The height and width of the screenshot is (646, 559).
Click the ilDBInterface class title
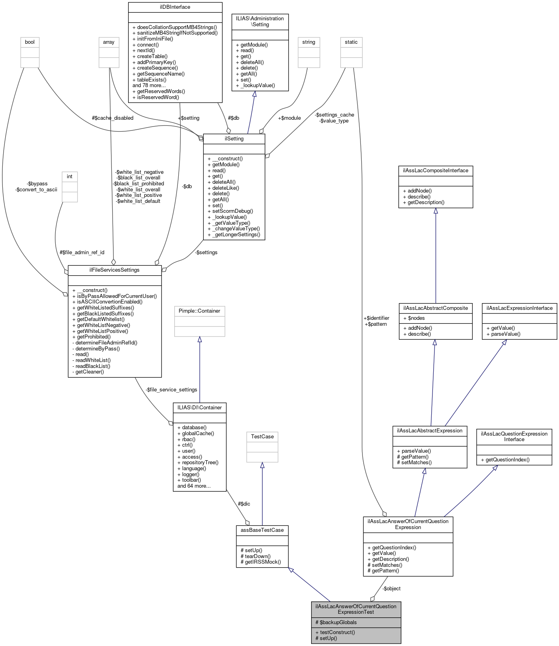tap(175, 7)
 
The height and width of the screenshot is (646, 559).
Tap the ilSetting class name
tap(234, 139)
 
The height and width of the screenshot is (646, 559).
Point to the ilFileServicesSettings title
tap(115, 270)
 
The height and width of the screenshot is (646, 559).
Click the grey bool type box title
tap(30, 42)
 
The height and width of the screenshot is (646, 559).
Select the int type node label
tap(70, 177)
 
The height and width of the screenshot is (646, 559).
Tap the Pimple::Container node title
tap(199, 311)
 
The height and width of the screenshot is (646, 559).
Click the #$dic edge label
tap(244, 504)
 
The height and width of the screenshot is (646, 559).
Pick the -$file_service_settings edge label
tap(171, 390)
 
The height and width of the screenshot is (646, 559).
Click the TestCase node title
tap(262, 437)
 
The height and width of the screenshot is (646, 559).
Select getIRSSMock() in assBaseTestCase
tap(261, 562)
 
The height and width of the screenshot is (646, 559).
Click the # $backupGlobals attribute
tap(336, 623)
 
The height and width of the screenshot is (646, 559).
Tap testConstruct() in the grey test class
tap(335, 632)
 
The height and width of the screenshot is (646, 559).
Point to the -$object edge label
tap(391, 589)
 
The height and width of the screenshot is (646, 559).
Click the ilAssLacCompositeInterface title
tap(436, 171)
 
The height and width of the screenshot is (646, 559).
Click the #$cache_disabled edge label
tap(113, 118)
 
